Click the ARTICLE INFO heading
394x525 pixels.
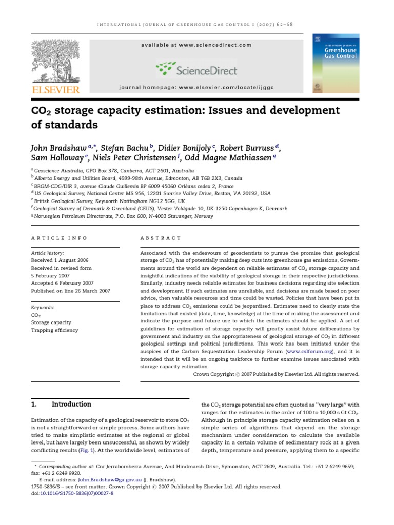(59, 238)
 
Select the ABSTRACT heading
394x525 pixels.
(161, 238)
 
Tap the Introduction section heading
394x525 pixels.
(72, 404)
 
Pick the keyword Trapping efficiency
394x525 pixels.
(55, 330)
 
